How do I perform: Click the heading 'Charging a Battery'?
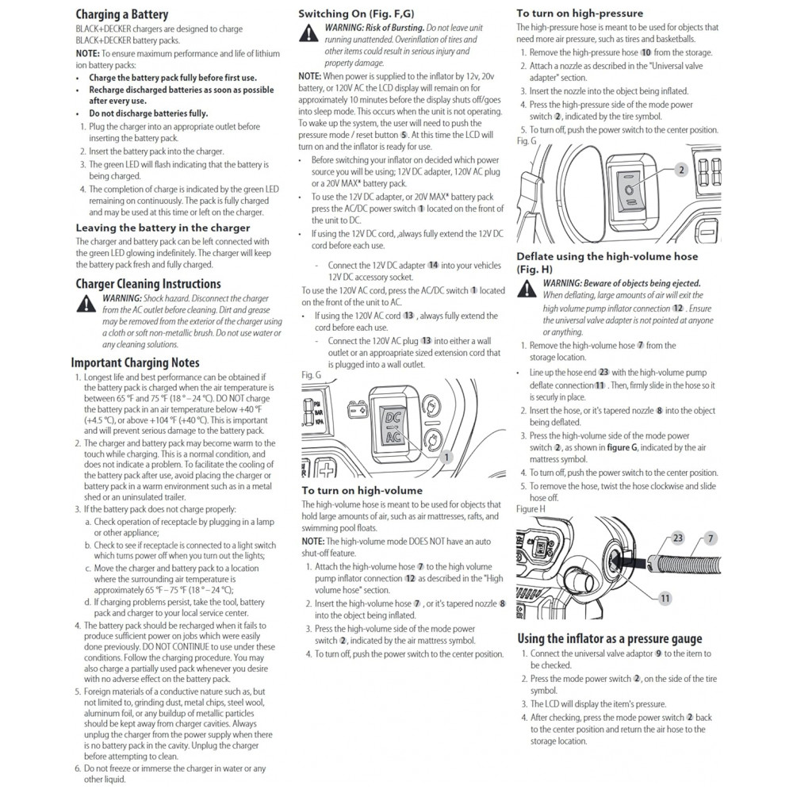pos(121,14)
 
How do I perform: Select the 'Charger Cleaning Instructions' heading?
pos(147,284)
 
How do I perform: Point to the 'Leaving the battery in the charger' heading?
pos(163,228)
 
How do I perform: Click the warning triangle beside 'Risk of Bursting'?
pos(308,33)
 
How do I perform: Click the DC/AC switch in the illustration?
pos(393,423)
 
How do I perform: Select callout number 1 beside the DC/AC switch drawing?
pos(446,457)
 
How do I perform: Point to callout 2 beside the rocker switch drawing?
pos(681,170)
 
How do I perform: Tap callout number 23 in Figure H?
pos(678,538)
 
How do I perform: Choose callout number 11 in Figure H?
pos(665,598)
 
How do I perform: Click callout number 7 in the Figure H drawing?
pos(711,538)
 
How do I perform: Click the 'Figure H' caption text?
pos(531,508)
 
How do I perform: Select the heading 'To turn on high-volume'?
pos(362,490)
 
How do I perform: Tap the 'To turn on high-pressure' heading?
pos(580,13)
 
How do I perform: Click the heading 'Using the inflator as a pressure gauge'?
pos(609,638)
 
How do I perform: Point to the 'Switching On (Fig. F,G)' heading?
pos(356,13)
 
